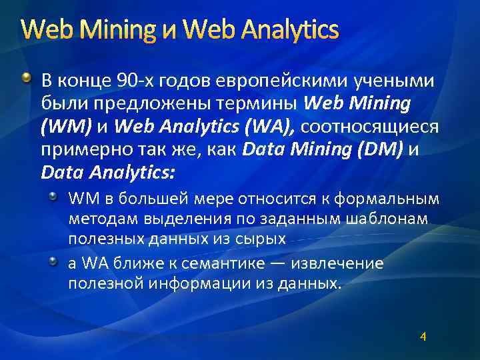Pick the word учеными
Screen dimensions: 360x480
391,81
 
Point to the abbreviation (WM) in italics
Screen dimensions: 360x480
65,127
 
